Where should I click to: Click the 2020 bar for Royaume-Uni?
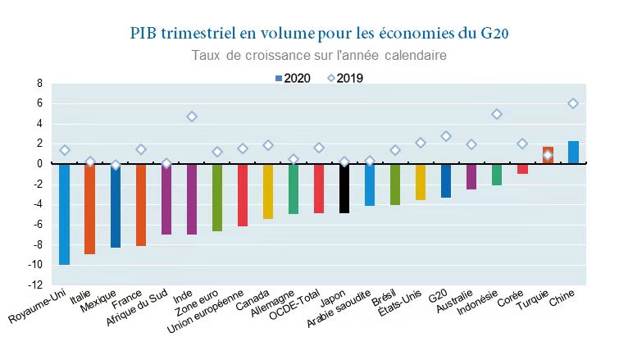[x=64, y=214]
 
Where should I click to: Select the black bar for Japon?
[x=344, y=189]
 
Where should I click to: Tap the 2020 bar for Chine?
[x=573, y=153]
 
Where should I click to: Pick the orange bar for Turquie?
[x=548, y=156]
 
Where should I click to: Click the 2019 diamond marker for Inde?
[x=192, y=116]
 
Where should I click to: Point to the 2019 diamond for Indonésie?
[x=497, y=114]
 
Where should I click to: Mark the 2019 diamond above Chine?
[x=573, y=103]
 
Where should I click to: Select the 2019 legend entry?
[x=344, y=79]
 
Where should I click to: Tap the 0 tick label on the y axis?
[x=39, y=164]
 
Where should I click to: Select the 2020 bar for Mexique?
[x=116, y=205]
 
